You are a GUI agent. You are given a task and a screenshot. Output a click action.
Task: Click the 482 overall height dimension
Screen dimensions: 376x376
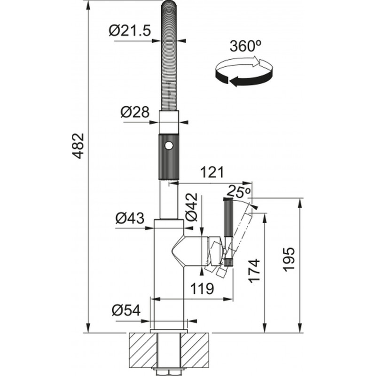(78, 146)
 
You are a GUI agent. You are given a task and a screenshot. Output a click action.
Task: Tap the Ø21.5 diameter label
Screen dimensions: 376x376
(130, 31)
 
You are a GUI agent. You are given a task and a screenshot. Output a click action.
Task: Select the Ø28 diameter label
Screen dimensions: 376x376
(135, 112)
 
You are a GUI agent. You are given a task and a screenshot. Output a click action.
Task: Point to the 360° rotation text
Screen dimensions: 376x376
(245, 46)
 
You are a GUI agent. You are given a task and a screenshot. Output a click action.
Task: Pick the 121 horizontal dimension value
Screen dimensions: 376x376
(212, 172)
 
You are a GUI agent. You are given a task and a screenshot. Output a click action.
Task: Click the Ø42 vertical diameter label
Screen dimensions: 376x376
(192, 207)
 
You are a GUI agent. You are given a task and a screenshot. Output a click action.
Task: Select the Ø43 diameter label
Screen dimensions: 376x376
(130, 218)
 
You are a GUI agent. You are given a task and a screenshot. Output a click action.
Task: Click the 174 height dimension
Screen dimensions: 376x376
(254, 271)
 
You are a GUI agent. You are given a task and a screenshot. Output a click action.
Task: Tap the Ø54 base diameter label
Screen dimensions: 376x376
(126, 311)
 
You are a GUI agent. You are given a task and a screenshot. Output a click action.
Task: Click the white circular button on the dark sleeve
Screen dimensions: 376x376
(168, 146)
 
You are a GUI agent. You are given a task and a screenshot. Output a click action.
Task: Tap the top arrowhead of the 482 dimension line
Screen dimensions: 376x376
(88, 5)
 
